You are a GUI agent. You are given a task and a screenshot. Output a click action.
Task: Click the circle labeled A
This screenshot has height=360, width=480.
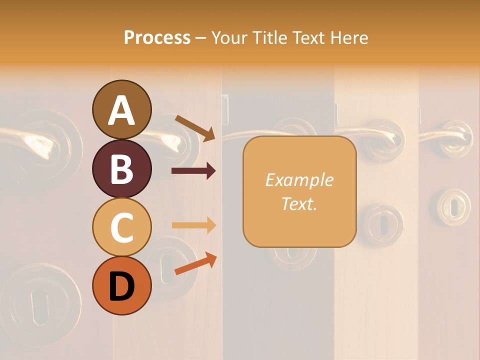pyautogui.click(x=121, y=110)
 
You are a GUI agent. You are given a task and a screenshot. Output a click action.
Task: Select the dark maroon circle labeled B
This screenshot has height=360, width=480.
pyautogui.click(x=121, y=169)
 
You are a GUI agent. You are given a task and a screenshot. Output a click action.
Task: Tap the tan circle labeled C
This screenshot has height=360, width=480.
pyautogui.click(x=121, y=227)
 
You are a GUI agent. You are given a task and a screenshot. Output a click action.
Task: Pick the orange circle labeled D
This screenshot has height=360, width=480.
pyautogui.click(x=121, y=286)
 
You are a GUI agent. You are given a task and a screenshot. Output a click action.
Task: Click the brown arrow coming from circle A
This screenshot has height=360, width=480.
pyautogui.click(x=195, y=128)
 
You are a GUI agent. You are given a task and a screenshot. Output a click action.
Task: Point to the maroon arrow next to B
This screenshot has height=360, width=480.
pyautogui.click(x=193, y=171)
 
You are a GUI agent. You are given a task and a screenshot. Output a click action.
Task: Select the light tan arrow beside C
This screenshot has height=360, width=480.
pyautogui.click(x=193, y=225)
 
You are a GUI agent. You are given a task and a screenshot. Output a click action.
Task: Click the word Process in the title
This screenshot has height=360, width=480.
pyautogui.click(x=157, y=37)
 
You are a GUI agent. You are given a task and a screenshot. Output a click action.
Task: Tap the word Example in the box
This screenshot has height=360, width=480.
pyautogui.click(x=299, y=180)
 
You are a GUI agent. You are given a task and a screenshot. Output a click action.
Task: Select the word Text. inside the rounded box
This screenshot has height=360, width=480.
pyautogui.click(x=299, y=203)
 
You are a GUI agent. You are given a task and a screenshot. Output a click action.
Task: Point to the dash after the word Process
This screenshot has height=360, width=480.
pyautogui.click(x=201, y=38)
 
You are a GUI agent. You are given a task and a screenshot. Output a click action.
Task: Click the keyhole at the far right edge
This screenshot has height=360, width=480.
pyautogui.click(x=454, y=207)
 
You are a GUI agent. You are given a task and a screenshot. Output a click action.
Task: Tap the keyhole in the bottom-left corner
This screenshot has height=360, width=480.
pyautogui.click(x=38, y=300)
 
